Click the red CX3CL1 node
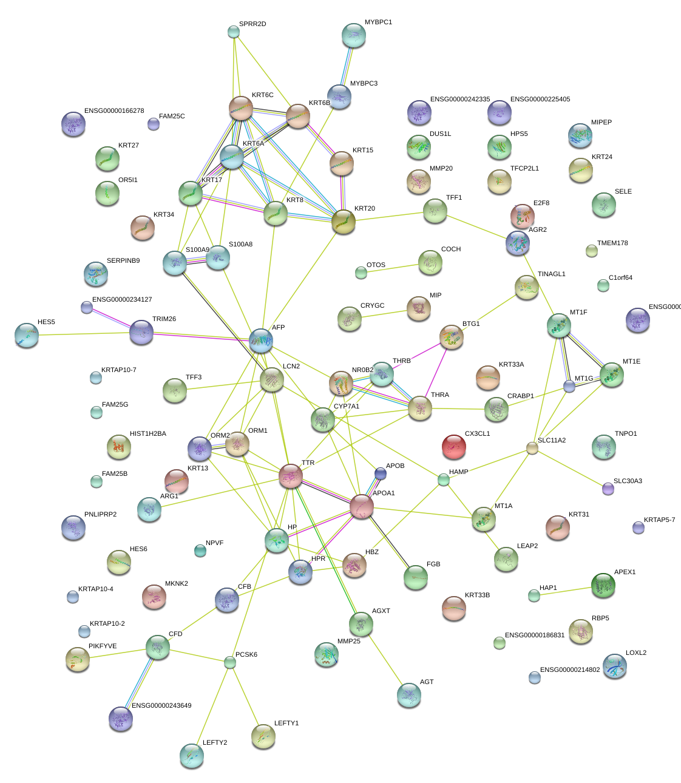click(x=454, y=447)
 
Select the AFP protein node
click(x=261, y=341)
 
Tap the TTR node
click(x=291, y=476)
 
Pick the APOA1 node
click(x=362, y=506)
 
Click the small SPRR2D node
click(x=234, y=32)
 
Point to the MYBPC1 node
click(x=354, y=35)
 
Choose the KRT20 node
click(x=344, y=222)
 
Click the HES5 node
click(x=27, y=335)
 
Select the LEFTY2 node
click(x=192, y=755)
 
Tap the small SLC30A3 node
click(x=608, y=489)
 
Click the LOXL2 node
click(x=615, y=666)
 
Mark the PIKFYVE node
click(x=78, y=659)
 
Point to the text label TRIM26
click(x=164, y=319)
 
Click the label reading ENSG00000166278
click(x=114, y=111)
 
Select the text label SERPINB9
click(x=123, y=261)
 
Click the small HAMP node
click(x=444, y=480)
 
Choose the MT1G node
click(x=569, y=386)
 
